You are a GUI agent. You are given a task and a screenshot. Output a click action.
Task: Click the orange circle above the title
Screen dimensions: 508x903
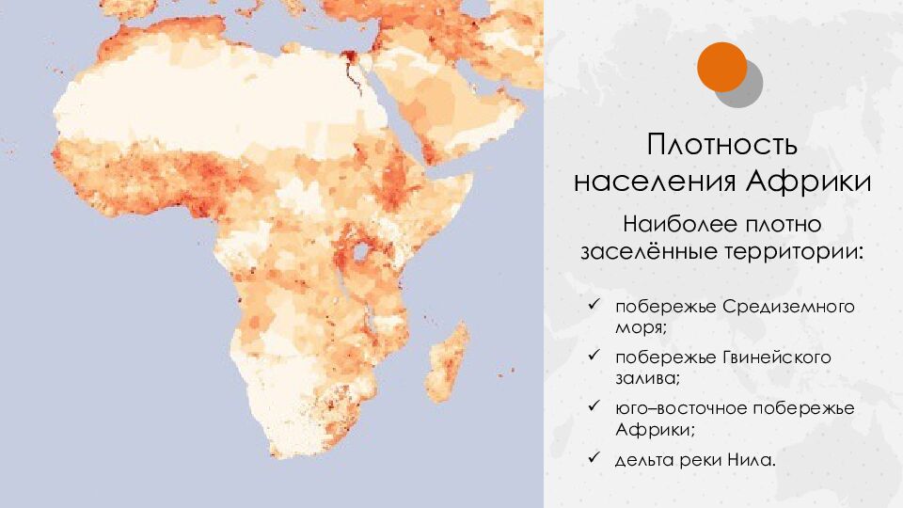coord(721,67)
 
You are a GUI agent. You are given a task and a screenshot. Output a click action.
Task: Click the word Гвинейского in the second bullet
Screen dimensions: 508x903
coord(784,358)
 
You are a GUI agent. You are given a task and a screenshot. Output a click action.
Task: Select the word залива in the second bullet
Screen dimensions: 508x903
coord(645,378)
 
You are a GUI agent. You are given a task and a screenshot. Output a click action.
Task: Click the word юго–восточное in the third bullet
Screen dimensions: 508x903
coord(675,409)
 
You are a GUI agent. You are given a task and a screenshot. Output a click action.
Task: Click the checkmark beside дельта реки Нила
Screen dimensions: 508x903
coord(593,458)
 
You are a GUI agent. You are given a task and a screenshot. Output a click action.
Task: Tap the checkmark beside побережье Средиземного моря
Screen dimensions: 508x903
coord(593,307)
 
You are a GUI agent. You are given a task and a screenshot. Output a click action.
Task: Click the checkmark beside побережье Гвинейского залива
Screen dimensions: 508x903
coord(593,357)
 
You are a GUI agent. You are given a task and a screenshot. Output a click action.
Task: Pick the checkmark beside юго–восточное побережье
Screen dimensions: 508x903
coord(593,407)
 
